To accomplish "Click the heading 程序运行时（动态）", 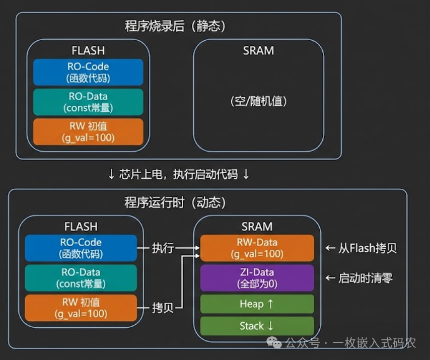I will click(175, 202).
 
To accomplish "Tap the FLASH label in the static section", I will click(88, 50).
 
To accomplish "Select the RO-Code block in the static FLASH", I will click(88, 72).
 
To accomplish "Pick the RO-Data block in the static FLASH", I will click(88, 102).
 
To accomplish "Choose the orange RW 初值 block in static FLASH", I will click(88, 132).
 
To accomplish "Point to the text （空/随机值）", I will click(258, 101).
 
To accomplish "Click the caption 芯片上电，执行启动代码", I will click(179, 174).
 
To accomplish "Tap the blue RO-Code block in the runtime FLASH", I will click(81, 248).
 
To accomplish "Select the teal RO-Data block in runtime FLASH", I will click(81, 278).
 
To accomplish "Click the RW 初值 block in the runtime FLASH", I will click(81, 308).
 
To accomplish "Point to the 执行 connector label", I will click(163, 248).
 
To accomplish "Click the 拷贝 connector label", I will click(163, 308).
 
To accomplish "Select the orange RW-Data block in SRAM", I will click(257, 248).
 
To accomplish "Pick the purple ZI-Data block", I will click(257, 278).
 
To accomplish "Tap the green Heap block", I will click(257, 304).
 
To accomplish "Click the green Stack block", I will click(257, 326).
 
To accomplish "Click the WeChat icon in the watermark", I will click(274, 342).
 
